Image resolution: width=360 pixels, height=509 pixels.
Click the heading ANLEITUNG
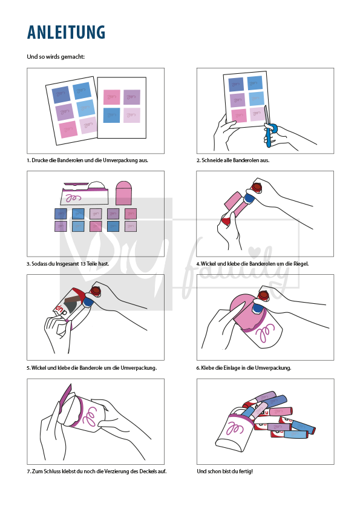[66, 32]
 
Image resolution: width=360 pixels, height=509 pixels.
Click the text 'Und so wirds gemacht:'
[56, 57]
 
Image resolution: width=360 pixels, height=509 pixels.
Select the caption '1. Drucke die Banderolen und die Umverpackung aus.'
[87, 160]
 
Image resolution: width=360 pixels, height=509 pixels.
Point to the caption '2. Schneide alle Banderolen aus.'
[233, 160]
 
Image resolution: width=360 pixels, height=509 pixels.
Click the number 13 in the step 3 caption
[82, 264]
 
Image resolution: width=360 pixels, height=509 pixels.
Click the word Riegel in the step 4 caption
[301, 264]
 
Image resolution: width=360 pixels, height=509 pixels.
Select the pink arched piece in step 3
[123, 193]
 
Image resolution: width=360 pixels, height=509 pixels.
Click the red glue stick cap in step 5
[96, 290]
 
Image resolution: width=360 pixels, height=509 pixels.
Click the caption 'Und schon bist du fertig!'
[224, 471]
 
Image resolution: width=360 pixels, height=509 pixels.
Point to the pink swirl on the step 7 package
[90, 416]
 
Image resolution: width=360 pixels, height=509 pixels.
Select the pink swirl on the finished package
[234, 429]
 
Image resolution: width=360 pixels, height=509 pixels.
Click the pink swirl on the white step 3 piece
[73, 198]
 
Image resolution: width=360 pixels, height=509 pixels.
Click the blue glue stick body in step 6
[258, 307]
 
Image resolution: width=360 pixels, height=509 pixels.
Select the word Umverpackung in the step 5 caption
[139, 368]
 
